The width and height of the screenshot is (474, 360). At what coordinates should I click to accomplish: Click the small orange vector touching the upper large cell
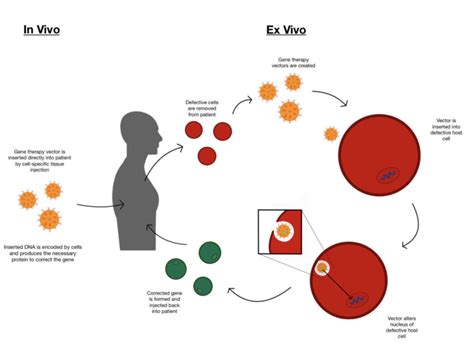click(x=331, y=134)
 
